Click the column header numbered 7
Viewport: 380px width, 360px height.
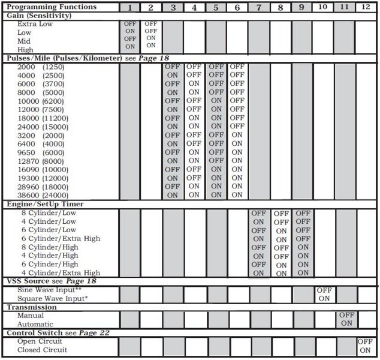click(259, 7)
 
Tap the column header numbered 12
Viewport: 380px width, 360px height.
click(366, 7)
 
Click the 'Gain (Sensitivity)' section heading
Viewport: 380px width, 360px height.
click(40, 15)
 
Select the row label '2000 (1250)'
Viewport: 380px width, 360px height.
click(41, 67)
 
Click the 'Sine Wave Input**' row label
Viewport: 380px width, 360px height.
click(49, 290)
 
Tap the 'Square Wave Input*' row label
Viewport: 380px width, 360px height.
click(52, 298)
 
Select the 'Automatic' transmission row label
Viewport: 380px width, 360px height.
click(37, 324)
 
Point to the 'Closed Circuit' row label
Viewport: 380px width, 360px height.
click(42, 350)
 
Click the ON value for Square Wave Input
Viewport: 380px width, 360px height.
click(324, 298)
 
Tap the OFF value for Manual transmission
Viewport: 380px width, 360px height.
click(346, 316)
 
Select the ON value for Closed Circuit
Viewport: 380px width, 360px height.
click(366, 350)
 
